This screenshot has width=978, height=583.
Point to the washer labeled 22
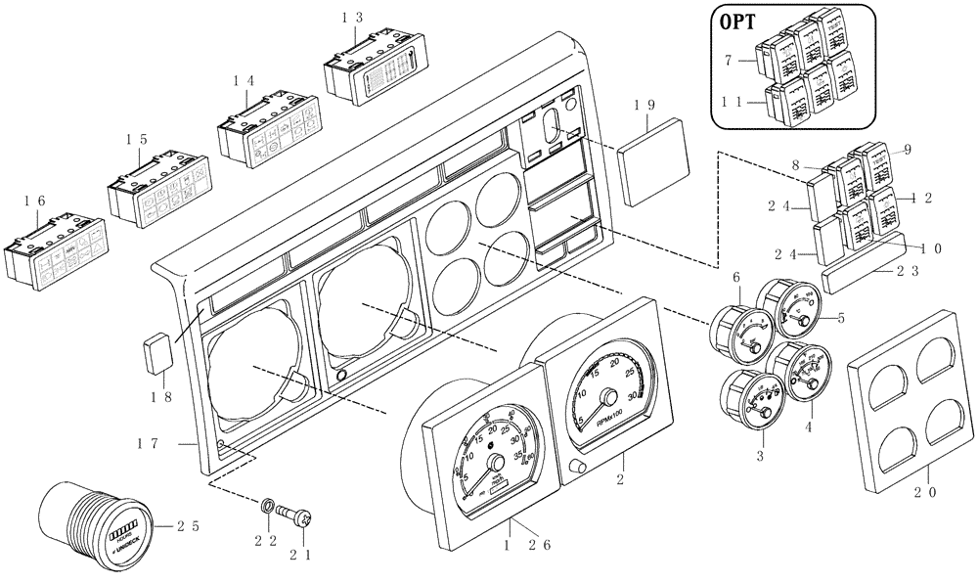(x=267, y=508)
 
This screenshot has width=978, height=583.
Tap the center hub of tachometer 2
(x=611, y=396)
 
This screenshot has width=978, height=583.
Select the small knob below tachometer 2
(x=574, y=469)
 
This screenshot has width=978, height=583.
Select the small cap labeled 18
(x=156, y=353)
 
